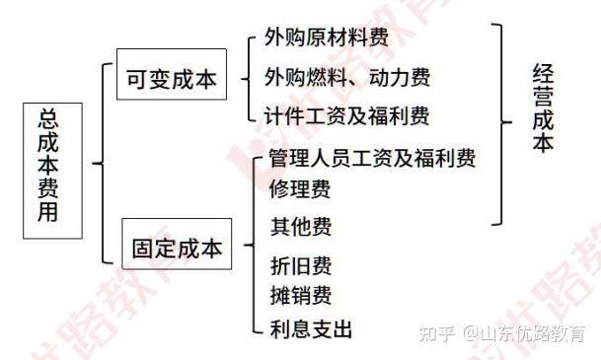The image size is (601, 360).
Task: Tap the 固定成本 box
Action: point(178,249)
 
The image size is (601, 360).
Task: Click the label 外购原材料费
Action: point(326,39)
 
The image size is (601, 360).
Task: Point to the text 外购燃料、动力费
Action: point(346,76)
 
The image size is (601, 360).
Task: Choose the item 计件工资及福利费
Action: point(346,114)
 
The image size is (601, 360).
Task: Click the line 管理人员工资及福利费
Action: point(372,158)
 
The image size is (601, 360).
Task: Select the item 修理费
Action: point(300,188)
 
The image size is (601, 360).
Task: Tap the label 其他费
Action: point(300,227)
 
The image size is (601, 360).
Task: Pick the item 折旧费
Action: point(300,265)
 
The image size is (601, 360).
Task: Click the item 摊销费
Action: point(300,295)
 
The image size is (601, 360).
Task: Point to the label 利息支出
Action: point(310,328)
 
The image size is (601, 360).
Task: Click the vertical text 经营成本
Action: point(543,108)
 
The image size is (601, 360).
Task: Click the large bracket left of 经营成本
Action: point(503,123)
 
